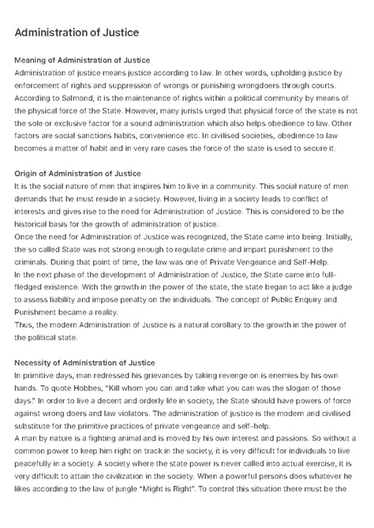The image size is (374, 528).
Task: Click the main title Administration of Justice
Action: (77, 32)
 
